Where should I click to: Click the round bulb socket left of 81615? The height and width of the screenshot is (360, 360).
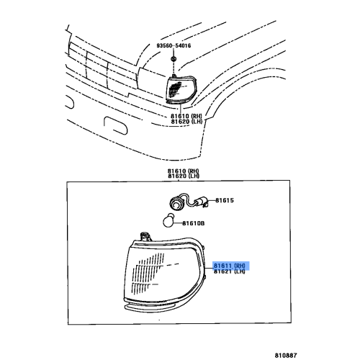point(176,199)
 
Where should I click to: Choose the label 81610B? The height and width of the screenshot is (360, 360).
point(192,223)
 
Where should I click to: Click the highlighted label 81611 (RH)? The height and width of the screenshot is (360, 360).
point(230,265)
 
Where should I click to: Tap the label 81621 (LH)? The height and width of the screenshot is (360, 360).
point(230,272)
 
